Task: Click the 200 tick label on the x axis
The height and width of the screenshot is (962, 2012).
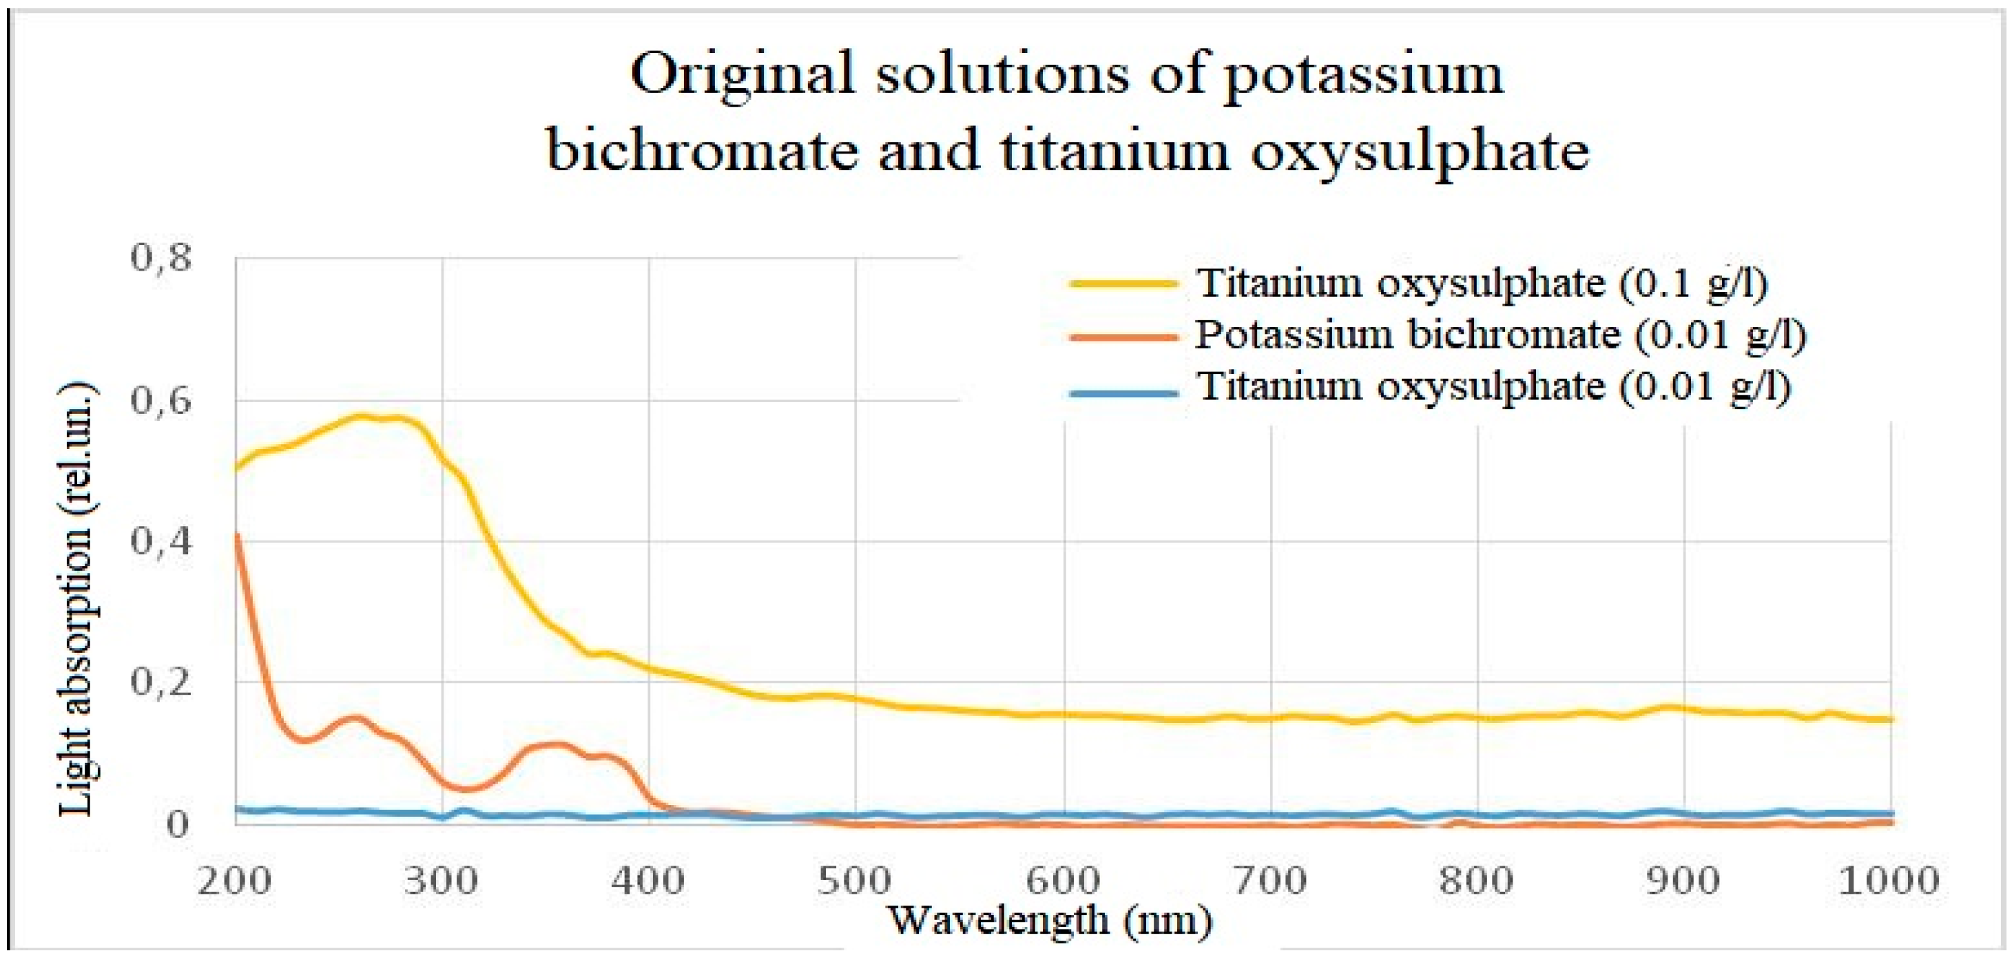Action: (x=234, y=881)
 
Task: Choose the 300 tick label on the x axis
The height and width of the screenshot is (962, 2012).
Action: (x=442, y=881)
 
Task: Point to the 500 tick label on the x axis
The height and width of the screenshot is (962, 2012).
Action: (x=855, y=881)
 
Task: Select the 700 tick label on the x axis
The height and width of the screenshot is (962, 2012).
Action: (x=1270, y=881)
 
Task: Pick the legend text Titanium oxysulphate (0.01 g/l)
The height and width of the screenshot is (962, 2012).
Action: (x=1493, y=387)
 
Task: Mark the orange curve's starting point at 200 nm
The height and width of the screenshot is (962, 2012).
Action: (x=236, y=536)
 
